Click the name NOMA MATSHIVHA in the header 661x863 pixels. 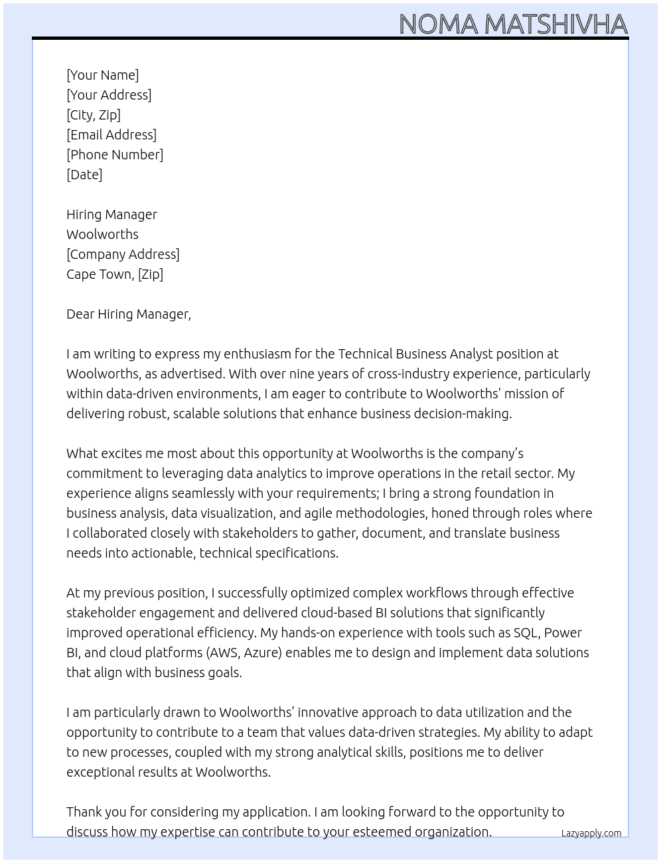513,24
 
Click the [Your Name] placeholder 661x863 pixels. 102,75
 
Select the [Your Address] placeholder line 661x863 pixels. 109,95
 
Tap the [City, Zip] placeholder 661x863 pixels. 94,115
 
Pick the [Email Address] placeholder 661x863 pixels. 111,135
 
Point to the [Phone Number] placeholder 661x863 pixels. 115,155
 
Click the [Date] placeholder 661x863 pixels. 84,175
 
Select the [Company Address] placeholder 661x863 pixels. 123,254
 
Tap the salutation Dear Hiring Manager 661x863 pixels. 128,314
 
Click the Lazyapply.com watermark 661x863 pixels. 591,833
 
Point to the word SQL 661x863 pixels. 525,633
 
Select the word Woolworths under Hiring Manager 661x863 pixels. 102,234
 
